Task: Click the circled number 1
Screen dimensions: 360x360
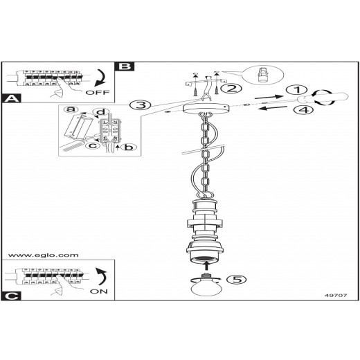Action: point(296,90)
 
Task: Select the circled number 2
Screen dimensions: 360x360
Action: point(231,89)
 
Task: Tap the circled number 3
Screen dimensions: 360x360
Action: point(141,105)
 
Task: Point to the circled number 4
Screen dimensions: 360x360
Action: point(304,109)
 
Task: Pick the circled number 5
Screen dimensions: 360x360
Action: point(236,280)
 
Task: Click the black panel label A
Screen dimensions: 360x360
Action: point(11,98)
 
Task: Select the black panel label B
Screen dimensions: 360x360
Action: point(125,66)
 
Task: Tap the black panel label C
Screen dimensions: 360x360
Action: point(11,296)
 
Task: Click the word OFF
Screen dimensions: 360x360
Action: point(98,93)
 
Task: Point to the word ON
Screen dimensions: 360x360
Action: point(99,291)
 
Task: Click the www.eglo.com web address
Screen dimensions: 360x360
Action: point(43,255)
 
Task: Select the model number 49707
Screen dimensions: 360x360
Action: point(336,295)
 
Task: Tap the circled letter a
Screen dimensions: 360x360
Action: point(71,109)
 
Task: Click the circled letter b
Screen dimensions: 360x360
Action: point(129,147)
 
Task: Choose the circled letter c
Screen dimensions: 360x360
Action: point(93,145)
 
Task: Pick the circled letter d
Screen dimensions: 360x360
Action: point(100,112)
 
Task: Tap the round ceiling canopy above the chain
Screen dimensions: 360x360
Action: point(206,108)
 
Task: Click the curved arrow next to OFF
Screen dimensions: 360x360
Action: point(100,78)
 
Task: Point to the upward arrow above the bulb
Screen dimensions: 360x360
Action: point(207,265)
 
